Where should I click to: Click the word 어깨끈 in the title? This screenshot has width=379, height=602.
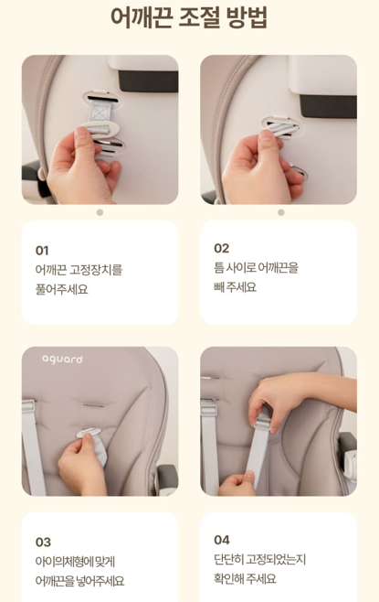142,18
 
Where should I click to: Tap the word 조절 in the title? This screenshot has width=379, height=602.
199,18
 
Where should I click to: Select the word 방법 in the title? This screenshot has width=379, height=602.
247,18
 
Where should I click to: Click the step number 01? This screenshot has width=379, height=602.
42,251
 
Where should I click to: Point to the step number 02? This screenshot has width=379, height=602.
222,249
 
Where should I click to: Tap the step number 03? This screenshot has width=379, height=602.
43,543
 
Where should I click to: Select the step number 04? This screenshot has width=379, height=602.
222,540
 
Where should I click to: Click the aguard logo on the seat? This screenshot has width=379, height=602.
62,360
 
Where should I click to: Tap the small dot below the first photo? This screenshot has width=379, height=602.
100,212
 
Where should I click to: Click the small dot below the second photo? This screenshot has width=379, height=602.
281,212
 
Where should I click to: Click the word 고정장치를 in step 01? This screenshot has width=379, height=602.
96,270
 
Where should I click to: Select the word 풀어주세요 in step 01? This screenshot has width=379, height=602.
61,289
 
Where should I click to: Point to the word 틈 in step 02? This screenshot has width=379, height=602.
218,267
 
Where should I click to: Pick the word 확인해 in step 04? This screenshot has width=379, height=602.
229,578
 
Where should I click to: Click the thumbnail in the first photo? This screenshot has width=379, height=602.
81,132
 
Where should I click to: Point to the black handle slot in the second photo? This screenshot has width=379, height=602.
329,106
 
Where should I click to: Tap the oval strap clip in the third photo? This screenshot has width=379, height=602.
89,433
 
